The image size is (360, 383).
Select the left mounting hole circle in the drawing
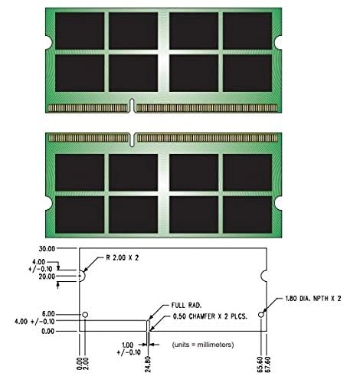86,315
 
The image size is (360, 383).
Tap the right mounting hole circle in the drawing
262,315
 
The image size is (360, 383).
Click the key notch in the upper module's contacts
133,105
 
